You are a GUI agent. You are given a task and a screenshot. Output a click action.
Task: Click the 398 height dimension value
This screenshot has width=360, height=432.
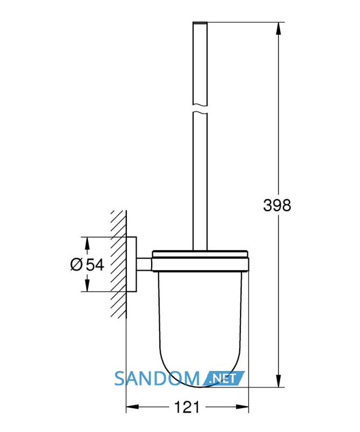[x=277, y=205]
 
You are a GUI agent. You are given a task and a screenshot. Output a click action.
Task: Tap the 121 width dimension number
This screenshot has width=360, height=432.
[x=187, y=407]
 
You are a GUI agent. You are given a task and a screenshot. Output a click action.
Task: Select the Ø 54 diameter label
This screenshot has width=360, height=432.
[x=87, y=265]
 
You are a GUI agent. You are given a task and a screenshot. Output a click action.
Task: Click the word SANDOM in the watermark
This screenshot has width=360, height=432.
[x=157, y=379]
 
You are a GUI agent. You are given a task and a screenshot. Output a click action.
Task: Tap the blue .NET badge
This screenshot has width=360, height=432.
[x=223, y=379]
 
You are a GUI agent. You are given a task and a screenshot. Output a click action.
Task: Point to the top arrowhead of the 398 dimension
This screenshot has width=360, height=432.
[x=279, y=28]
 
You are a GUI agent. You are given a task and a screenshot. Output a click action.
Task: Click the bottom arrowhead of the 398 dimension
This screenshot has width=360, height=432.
[x=279, y=381]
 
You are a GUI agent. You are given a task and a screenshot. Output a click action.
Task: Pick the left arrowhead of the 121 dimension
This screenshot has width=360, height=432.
[x=132, y=407]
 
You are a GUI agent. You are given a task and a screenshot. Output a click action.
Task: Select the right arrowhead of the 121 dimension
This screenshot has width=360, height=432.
[x=242, y=407]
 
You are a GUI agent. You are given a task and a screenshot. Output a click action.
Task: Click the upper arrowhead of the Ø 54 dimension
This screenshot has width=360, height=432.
[x=87, y=244]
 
